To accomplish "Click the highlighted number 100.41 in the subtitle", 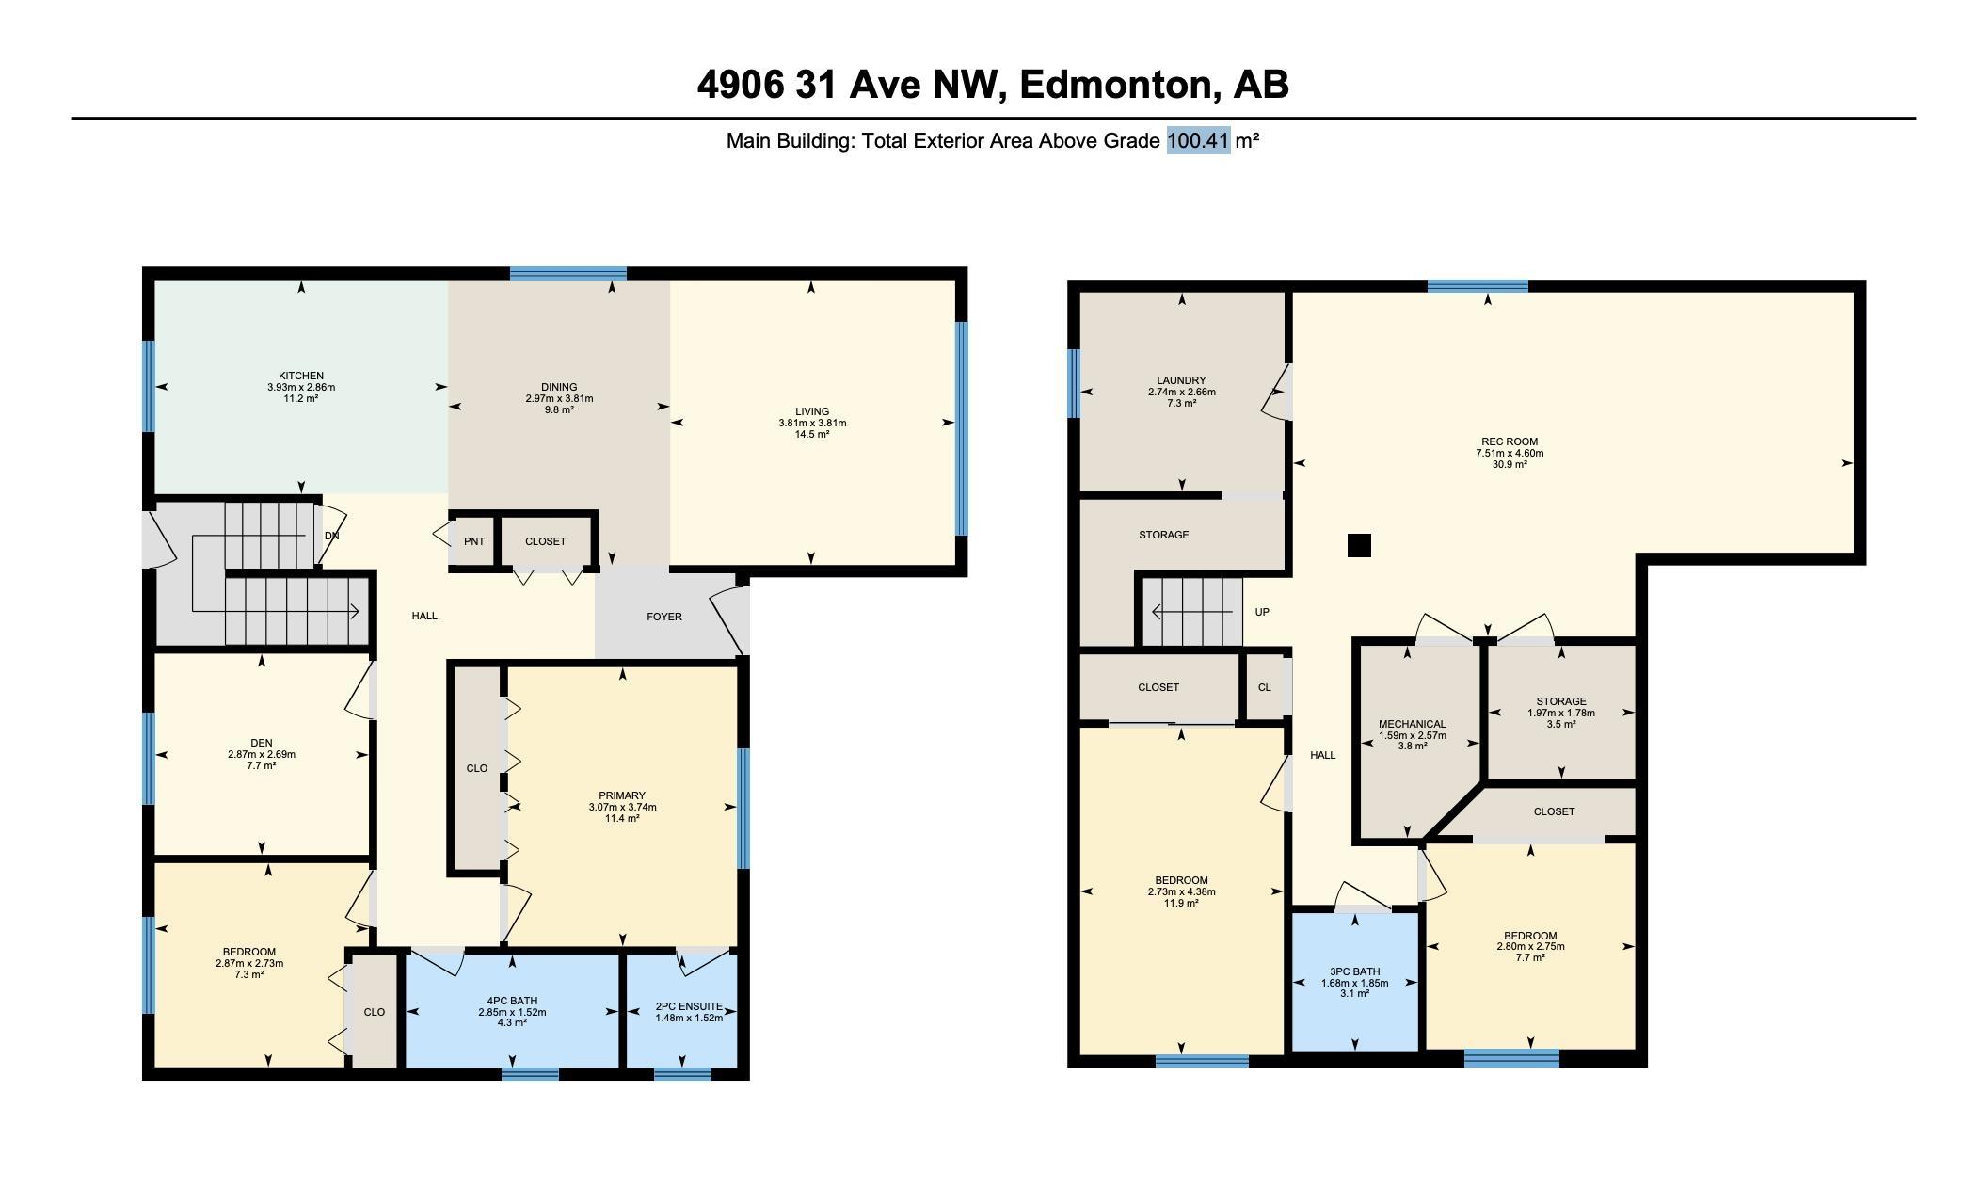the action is pos(1198,141).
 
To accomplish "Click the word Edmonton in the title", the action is pos(1115,85).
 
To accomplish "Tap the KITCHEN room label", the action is pos(301,376).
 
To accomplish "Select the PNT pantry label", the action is pos(474,541).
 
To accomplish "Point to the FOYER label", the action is pos(664,617).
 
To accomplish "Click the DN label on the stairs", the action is pos(331,536).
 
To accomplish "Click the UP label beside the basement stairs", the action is pos(1262,612).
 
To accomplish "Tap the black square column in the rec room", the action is pos(1359,545).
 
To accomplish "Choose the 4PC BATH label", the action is pos(512,1001).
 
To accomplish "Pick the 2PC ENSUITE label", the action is pos(689,1006).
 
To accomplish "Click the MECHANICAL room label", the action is pos(1413,724).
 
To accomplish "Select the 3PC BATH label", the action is pos(1355,971).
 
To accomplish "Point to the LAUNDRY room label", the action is pos(1182,380).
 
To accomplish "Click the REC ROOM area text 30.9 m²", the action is pos(1510,464).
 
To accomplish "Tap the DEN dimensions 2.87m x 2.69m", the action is pos(262,754).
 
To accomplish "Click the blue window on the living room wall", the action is pos(961,428).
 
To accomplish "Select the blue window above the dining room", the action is pos(568,274).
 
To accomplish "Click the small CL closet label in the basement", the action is pos(1264,687).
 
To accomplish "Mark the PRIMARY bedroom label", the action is pos(622,795).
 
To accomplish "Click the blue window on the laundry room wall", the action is pos(1074,383).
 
